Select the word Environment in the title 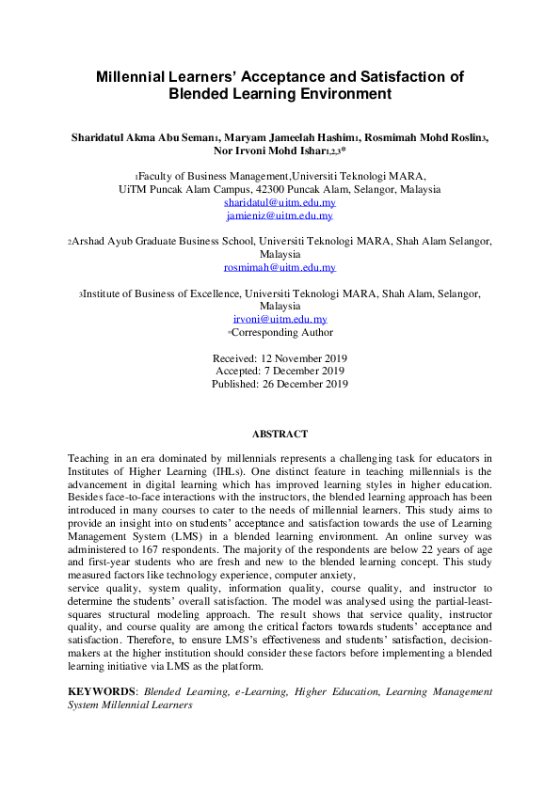point(342,94)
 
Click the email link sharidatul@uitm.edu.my point(280,202)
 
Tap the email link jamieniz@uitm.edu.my point(280,215)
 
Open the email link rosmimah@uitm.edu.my point(280,267)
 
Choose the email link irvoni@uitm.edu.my point(280,319)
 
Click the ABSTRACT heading point(280,434)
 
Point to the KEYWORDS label point(102,691)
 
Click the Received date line point(280,358)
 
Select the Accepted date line point(280,371)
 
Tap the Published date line point(280,384)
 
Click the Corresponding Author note point(280,332)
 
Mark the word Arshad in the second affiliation point(90,242)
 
